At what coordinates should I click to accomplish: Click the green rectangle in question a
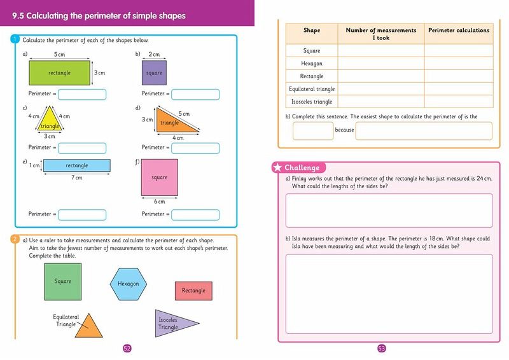[60, 73]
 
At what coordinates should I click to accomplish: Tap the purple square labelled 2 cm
[154, 73]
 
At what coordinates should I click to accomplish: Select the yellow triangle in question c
[50, 121]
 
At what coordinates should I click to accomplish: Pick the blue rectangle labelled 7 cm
[77, 165]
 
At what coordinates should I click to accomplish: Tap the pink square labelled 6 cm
[159, 177]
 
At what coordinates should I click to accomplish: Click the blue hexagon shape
[128, 284]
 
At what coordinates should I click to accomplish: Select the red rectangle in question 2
[193, 291]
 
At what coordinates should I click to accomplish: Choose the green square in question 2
[63, 281]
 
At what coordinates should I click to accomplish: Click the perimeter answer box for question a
[82, 94]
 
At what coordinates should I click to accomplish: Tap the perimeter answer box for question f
[195, 214]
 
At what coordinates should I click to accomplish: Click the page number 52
[127, 348]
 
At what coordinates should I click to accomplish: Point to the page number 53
[382, 348]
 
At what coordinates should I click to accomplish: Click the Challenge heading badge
[298, 167]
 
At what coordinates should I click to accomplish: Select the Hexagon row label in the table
[312, 64]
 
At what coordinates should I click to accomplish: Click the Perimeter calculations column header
[459, 31]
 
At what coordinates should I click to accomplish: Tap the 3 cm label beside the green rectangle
[100, 73]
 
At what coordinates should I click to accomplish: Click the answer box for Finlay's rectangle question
[389, 209]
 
